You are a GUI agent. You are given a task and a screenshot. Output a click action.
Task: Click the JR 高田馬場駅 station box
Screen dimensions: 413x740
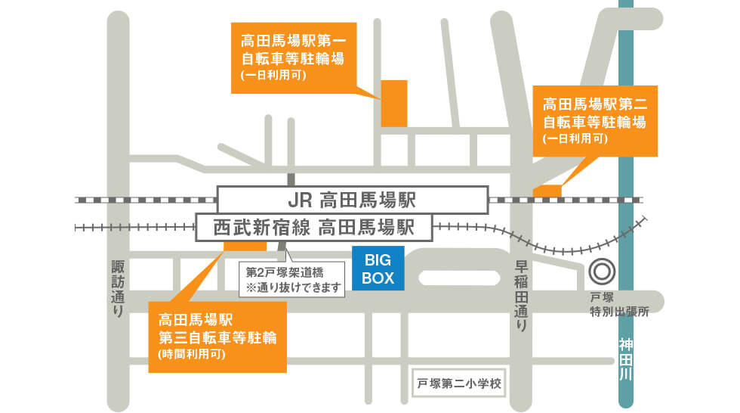(353, 200)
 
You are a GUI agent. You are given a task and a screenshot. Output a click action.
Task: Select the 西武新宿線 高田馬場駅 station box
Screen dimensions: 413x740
(314, 227)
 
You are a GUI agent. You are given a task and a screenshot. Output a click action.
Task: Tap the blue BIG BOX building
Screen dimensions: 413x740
(378, 269)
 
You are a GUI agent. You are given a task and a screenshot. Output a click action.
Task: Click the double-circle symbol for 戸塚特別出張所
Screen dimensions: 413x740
(602, 270)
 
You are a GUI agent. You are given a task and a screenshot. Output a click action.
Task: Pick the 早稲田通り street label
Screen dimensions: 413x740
(521, 296)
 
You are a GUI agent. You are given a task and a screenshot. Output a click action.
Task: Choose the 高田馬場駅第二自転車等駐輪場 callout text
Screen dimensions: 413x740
(594, 113)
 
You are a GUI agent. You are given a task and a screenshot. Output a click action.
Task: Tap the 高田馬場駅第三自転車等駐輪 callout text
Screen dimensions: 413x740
(217, 327)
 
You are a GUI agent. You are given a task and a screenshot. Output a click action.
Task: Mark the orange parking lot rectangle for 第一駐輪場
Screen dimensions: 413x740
(393, 102)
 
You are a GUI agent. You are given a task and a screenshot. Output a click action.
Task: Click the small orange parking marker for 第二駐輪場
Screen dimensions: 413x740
(547, 189)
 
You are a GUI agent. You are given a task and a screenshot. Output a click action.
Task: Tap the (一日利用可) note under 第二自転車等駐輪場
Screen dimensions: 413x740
(575, 138)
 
